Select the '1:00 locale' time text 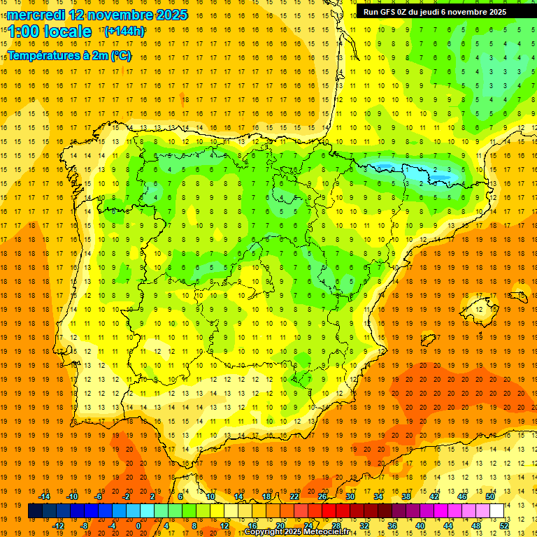tap(50, 31)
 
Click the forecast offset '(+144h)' tap(124, 31)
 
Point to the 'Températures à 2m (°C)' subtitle tap(69, 55)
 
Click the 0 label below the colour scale tap(138, 525)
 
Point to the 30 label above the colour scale tap(350, 496)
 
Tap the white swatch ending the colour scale tap(496, 510)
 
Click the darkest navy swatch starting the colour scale tap(35, 510)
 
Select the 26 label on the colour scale tap(322, 496)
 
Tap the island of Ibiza tap(428, 341)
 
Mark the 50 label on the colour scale tap(490, 496)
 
